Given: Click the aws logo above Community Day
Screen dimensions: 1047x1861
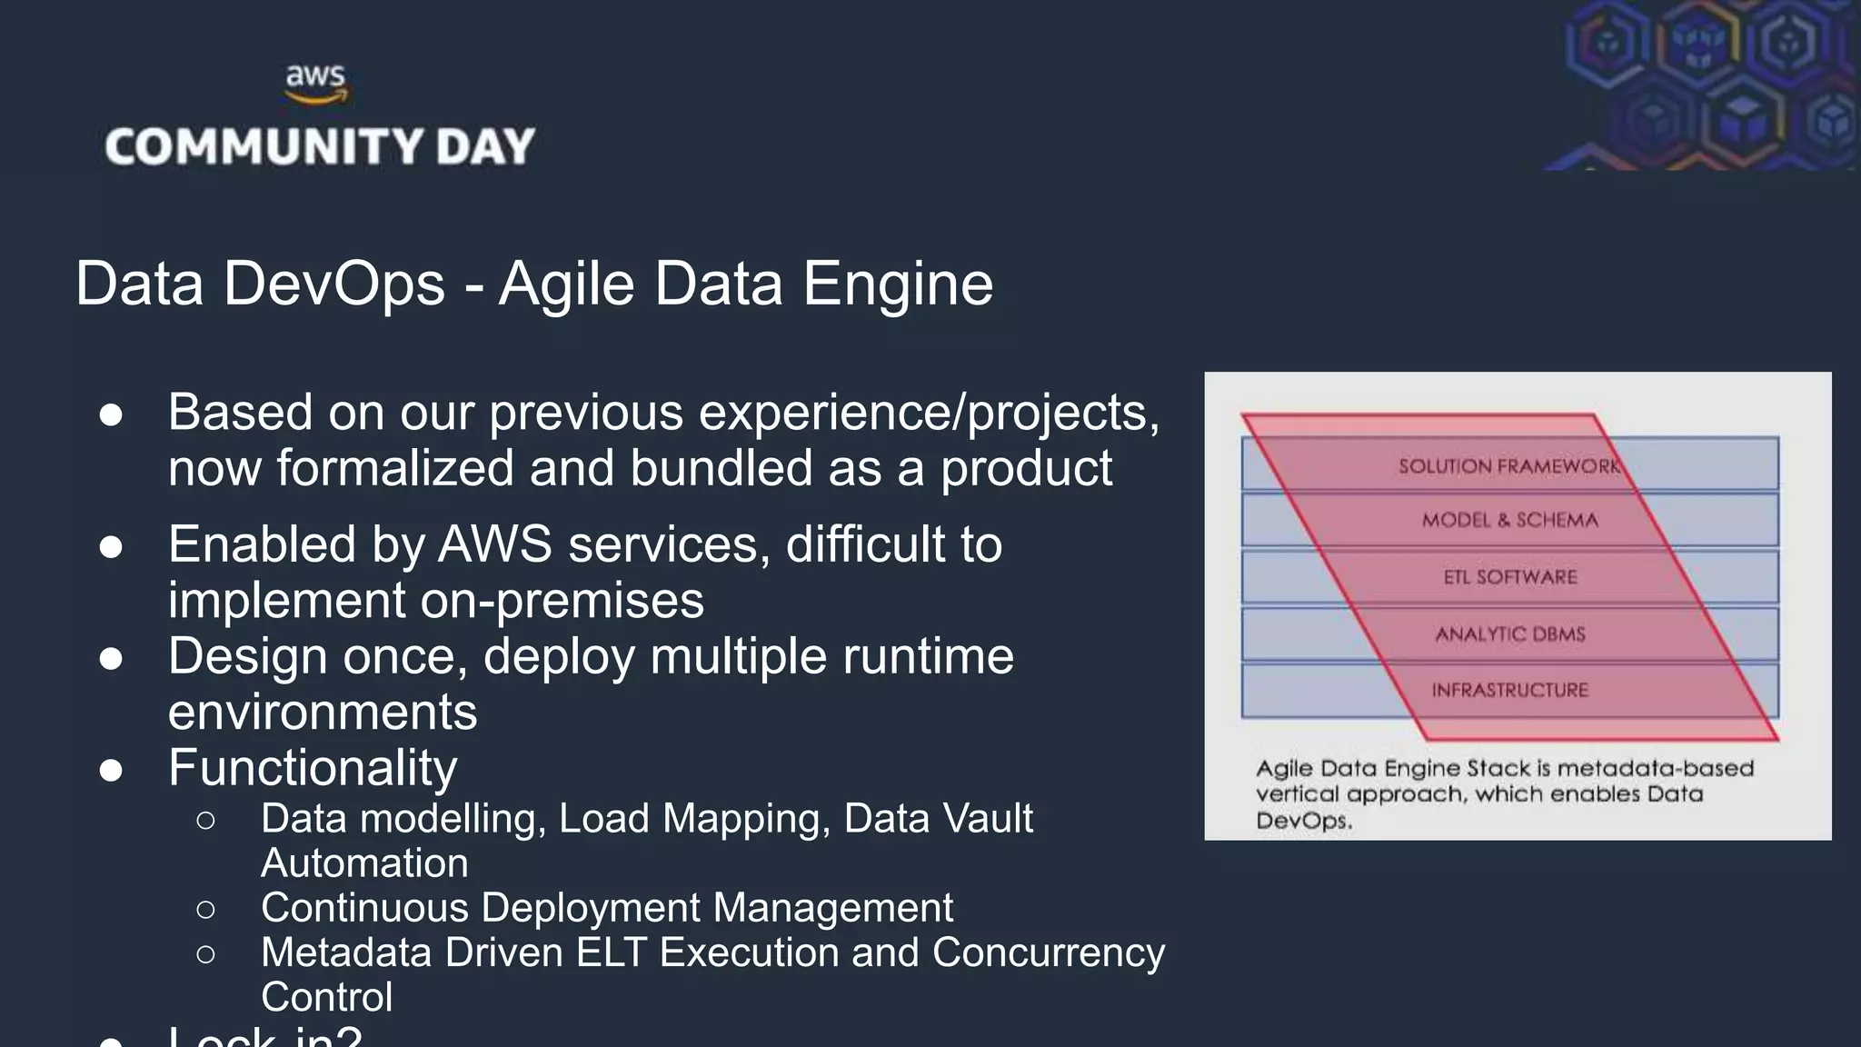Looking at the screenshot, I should [x=315, y=84].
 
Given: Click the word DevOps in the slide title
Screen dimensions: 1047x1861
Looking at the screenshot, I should [x=333, y=284].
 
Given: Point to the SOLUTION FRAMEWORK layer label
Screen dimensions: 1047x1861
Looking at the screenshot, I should [x=1508, y=466].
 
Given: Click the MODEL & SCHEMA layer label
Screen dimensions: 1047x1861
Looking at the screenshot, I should [x=1509, y=520].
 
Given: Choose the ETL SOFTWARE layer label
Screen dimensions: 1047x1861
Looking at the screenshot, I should [x=1510, y=577].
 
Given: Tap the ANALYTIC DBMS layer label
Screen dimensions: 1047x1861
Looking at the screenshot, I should [x=1510, y=633].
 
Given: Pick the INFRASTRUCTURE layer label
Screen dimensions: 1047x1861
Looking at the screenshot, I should [x=1510, y=690].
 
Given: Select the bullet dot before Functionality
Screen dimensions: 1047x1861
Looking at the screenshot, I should [x=111, y=770].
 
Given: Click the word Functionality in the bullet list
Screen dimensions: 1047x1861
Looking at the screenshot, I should [x=313, y=768].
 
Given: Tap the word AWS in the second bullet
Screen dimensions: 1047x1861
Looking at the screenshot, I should [x=495, y=544].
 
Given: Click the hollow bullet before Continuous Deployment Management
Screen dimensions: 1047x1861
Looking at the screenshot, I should [x=206, y=908].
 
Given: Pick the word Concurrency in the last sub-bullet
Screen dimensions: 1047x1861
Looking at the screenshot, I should [x=1049, y=952].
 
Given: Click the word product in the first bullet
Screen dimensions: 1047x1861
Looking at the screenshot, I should [x=1026, y=469].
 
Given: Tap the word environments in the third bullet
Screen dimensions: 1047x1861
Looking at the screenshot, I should [x=323, y=712].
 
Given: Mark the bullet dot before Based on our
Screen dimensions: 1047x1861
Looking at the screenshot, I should [x=111, y=414].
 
